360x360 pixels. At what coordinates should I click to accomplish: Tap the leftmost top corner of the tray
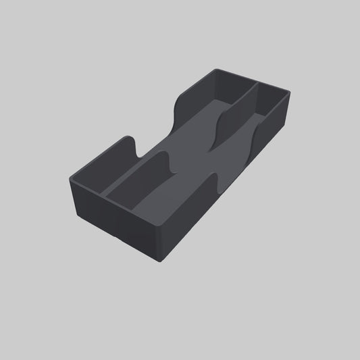70,177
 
